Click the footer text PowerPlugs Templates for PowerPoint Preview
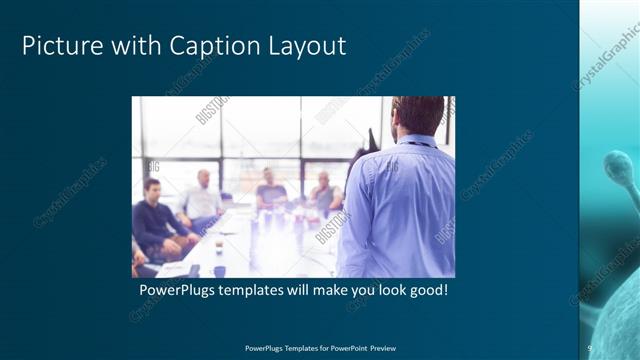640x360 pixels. [319, 347]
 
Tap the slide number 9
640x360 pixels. [590, 347]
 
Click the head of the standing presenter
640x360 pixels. [417, 116]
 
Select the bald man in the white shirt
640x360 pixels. [203, 196]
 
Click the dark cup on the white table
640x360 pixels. [219, 244]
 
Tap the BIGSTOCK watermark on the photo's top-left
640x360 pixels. [211, 111]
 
